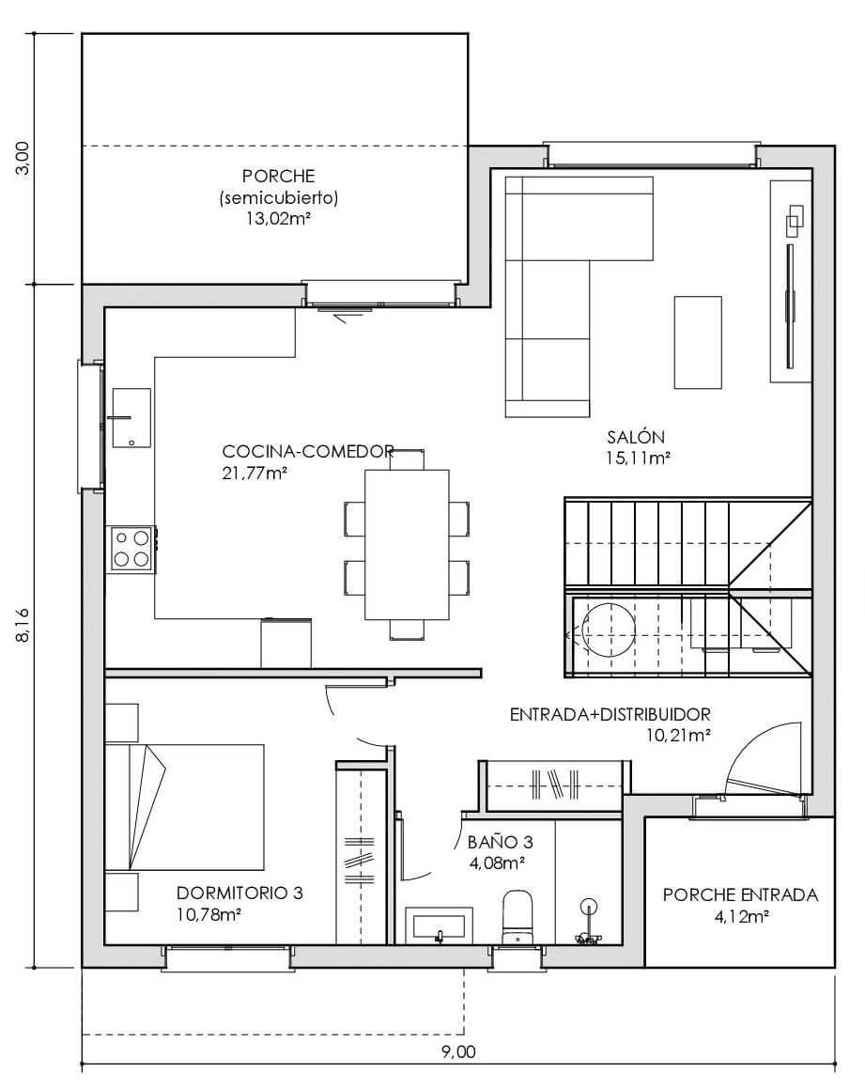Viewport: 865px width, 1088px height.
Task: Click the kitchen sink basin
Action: pyautogui.click(x=131, y=418)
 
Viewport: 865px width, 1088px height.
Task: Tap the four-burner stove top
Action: pyautogui.click(x=131, y=549)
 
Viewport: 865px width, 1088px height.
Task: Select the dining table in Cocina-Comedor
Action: pyautogui.click(x=407, y=545)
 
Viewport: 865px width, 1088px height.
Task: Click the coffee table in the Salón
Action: pyautogui.click(x=698, y=342)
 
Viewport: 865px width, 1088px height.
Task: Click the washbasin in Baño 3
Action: pyautogui.click(x=440, y=925)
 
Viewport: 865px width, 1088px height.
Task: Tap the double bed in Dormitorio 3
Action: pyautogui.click(x=184, y=807)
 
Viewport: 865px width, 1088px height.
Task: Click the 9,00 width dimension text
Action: pyautogui.click(x=458, y=1052)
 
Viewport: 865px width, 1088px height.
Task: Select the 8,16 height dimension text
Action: pyautogui.click(x=23, y=625)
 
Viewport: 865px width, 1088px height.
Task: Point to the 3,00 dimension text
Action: pyautogui.click(x=23, y=158)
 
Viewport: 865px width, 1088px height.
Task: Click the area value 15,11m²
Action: pyautogui.click(x=638, y=458)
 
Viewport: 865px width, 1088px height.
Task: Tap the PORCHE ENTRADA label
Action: pyautogui.click(x=740, y=895)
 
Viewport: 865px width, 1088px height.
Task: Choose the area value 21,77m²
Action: pyautogui.click(x=255, y=474)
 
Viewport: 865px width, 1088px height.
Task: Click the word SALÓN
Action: pyautogui.click(x=636, y=437)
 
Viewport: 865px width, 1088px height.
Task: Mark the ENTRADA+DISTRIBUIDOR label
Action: pyautogui.click(x=610, y=714)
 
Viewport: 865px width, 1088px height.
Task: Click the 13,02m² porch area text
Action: pyautogui.click(x=278, y=219)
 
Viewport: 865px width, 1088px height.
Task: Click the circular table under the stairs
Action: pyautogui.click(x=608, y=630)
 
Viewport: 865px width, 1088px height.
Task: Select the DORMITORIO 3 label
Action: pyautogui.click(x=239, y=893)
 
